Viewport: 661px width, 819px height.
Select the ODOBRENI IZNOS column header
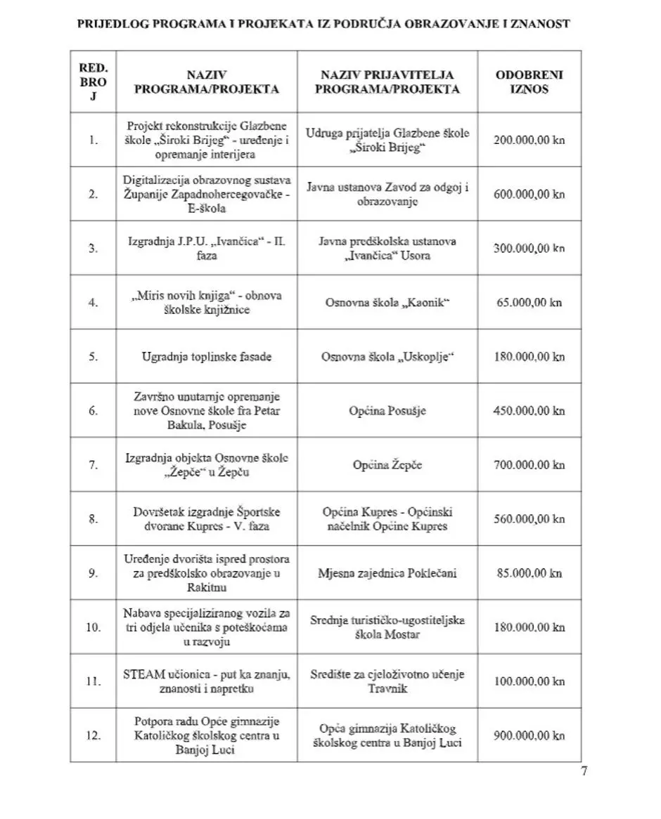pyautogui.click(x=530, y=81)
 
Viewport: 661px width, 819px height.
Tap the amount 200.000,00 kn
pyautogui.click(x=530, y=140)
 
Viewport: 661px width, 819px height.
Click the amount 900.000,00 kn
pyautogui.click(x=530, y=735)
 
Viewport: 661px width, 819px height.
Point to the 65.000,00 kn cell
pyautogui.click(x=530, y=303)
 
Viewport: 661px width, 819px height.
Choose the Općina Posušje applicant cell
pyautogui.click(x=387, y=411)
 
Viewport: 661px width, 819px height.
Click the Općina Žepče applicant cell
pyautogui.click(x=387, y=465)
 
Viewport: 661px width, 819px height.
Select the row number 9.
pyautogui.click(x=93, y=573)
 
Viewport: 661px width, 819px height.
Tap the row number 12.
pyautogui.click(x=93, y=735)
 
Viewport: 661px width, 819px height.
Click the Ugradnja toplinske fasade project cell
pyautogui.click(x=207, y=357)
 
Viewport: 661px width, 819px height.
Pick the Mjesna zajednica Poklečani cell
pyautogui.click(x=387, y=573)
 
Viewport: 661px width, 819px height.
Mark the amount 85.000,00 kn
pyautogui.click(x=530, y=573)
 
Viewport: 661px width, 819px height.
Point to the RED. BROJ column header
pyautogui.click(x=93, y=81)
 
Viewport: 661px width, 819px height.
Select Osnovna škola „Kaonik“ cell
pyautogui.click(x=387, y=303)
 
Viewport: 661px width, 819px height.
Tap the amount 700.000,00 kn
pyautogui.click(x=530, y=465)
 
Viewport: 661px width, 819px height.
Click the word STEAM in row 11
pyautogui.click(x=143, y=674)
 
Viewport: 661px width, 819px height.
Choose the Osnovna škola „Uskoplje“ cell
pyautogui.click(x=387, y=357)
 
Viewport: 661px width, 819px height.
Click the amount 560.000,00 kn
pyautogui.click(x=530, y=519)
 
